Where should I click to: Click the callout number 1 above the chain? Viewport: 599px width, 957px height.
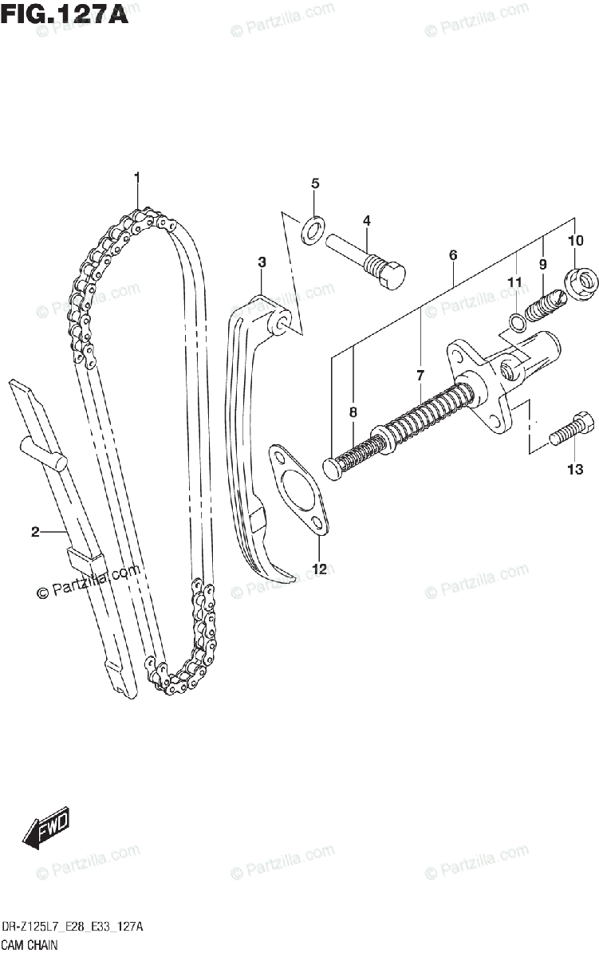[137, 176]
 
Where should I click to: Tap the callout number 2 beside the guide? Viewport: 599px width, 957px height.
[35, 533]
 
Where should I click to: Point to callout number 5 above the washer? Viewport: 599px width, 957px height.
[314, 183]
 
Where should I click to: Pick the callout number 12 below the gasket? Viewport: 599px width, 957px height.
[319, 569]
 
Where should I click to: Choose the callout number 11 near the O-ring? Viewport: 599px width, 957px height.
[515, 282]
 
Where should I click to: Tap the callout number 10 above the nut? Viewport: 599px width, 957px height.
[576, 240]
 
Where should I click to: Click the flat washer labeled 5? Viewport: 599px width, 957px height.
[313, 230]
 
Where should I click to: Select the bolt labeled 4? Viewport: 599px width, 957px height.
[368, 258]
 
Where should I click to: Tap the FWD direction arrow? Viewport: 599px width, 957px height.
[46, 826]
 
